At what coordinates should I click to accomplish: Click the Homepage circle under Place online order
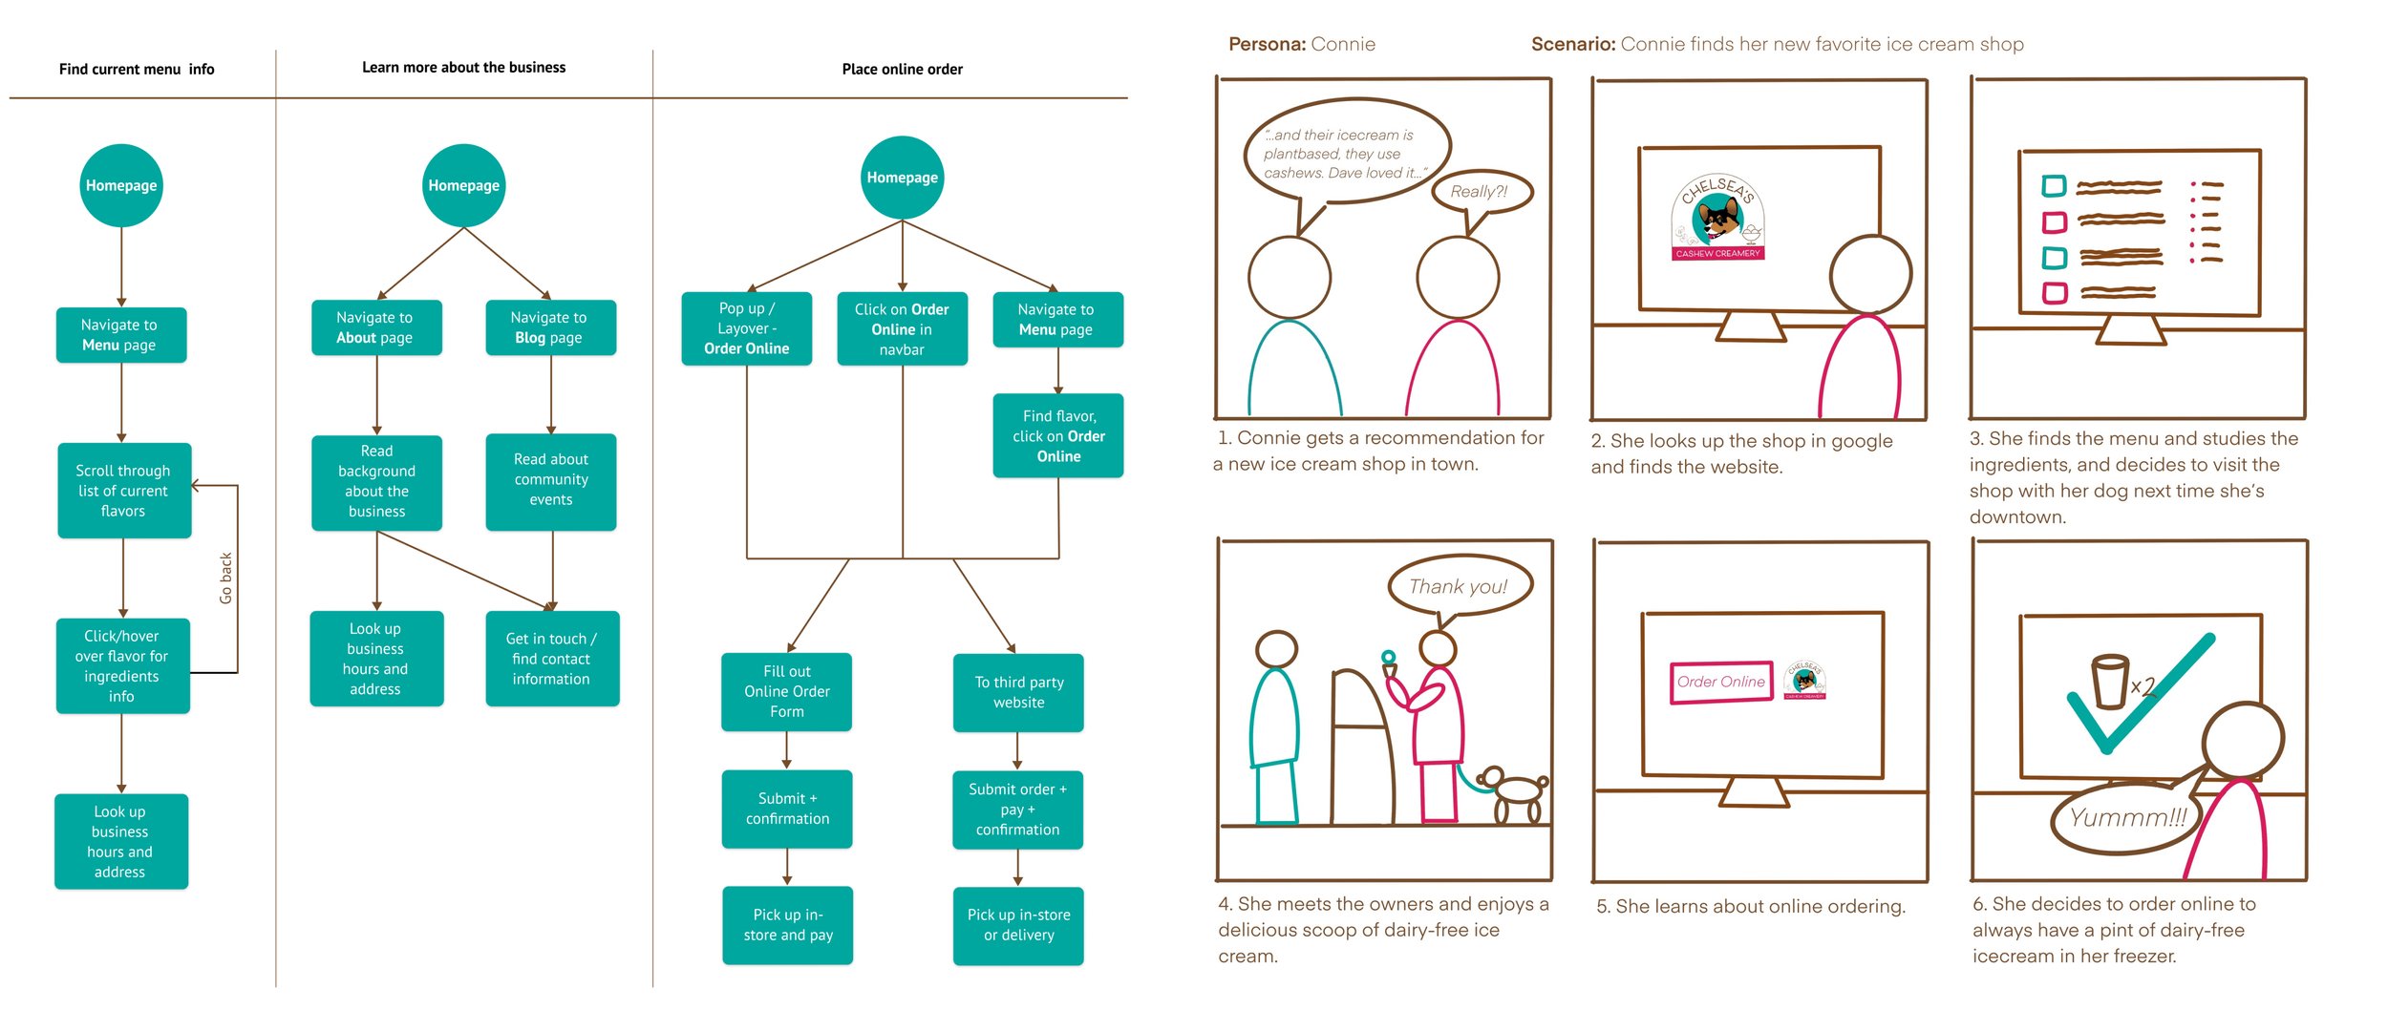(x=902, y=178)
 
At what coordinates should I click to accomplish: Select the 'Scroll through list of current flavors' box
(x=123, y=491)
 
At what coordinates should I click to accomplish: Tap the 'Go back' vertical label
(x=225, y=578)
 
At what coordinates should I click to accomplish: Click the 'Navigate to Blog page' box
(x=549, y=327)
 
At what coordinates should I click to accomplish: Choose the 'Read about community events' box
(x=550, y=480)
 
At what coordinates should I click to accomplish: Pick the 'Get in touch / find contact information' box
(x=551, y=659)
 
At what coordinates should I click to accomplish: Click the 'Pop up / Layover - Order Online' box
(x=746, y=328)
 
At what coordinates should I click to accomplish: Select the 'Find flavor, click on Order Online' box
(x=1058, y=436)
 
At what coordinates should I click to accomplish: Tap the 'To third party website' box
(x=1018, y=692)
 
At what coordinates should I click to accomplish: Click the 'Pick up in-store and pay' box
(x=787, y=925)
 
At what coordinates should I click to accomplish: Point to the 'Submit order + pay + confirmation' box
(x=1017, y=810)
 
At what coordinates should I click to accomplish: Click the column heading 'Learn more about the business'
(x=463, y=68)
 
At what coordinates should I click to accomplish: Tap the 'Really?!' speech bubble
(x=1482, y=192)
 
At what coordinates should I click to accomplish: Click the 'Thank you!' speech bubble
(x=1459, y=587)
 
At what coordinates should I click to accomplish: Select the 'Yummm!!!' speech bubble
(x=2126, y=818)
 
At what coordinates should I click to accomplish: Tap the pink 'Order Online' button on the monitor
(x=1721, y=683)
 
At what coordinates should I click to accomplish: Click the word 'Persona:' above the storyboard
(x=1267, y=45)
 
